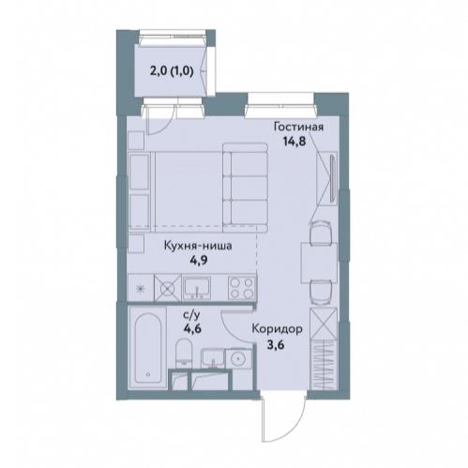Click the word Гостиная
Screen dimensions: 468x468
(x=298, y=128)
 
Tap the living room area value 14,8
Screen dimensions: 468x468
(x=294, y=142)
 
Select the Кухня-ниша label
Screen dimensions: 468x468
(x=198, y=246)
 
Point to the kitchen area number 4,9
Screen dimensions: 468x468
(x=199, y=260)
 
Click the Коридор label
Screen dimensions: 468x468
(x=277, y=329)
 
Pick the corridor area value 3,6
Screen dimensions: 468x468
(x=276, y=346)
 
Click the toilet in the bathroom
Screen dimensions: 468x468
(x=184, y=353)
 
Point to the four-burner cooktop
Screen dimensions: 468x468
(x=242, y=288)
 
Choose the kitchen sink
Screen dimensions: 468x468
(x=197, y=288)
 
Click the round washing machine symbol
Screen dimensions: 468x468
(x=239, y=358)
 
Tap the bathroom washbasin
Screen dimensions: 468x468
(x=213, y=358)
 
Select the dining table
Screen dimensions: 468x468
(x=319, y=263)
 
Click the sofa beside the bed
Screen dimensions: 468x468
(x=246, y=188)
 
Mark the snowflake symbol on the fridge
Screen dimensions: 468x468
(x=141, y=288)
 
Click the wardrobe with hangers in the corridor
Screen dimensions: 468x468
(x=324, y=365)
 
